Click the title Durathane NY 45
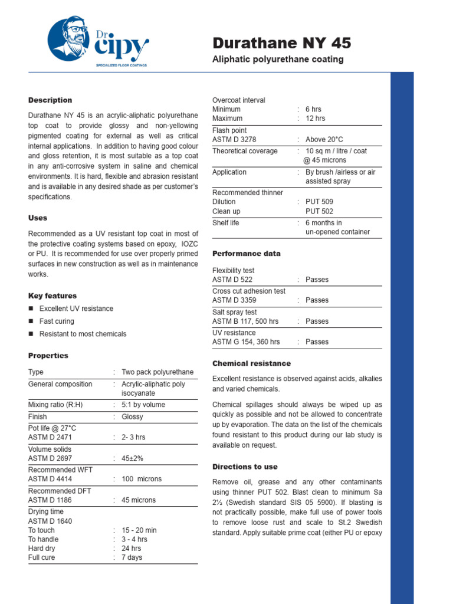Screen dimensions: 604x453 click(281, 43)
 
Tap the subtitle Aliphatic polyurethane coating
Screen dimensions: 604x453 click(277, 60)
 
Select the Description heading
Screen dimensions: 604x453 click(50, 100)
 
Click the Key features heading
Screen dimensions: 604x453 click(52, 296)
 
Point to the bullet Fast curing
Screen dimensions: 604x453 click(57, 321)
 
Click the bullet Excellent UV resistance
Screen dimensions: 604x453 click(76, 308)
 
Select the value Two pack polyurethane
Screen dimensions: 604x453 click(157, 372)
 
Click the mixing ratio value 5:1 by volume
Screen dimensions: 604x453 click(143, 405)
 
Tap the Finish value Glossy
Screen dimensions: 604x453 click(133, 416)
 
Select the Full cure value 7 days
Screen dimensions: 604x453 click(132, 557)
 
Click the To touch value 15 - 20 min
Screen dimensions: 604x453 click(139, 530)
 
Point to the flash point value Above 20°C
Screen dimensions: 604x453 click(324, 139)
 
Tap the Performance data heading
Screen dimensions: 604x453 click(246, 254)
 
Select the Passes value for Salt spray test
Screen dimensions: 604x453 click(317, 321)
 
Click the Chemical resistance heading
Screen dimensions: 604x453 click(251, 363)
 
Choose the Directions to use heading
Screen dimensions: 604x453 click(245, 467)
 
